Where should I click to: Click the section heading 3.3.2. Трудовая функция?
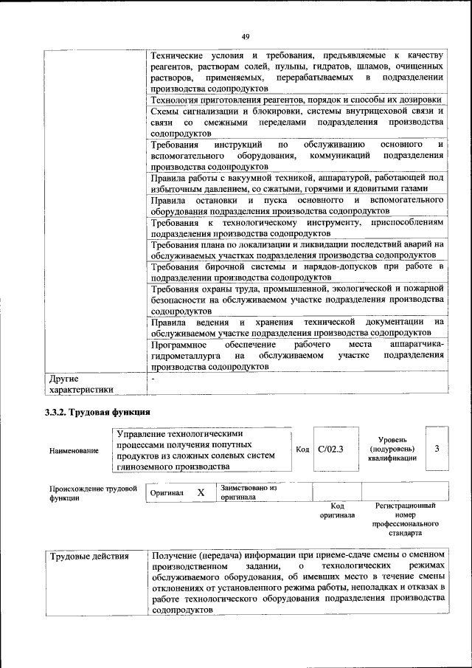(98, 412)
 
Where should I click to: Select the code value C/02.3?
(331, 449)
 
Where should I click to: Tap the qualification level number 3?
(437, 449)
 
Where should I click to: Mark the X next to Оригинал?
(200, 492)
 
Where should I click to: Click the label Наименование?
(74, 450)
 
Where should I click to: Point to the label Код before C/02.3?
(302, 449)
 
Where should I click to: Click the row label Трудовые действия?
(88, 556)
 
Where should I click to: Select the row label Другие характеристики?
(81, 384)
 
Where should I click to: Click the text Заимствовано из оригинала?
(248, 492)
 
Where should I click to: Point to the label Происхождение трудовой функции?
(93, 492)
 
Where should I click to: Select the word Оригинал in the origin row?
(166, 492)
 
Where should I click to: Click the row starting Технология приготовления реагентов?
(295, 100)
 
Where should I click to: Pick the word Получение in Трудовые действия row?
(174, 554)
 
